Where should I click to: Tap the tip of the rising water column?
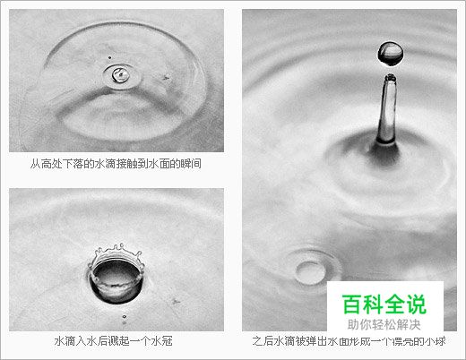[x=390, y=81]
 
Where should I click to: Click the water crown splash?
[x=116, y=269]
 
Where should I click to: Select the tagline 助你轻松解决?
[x=385, y=325]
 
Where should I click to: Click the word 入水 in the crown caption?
[x=86, y=342]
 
